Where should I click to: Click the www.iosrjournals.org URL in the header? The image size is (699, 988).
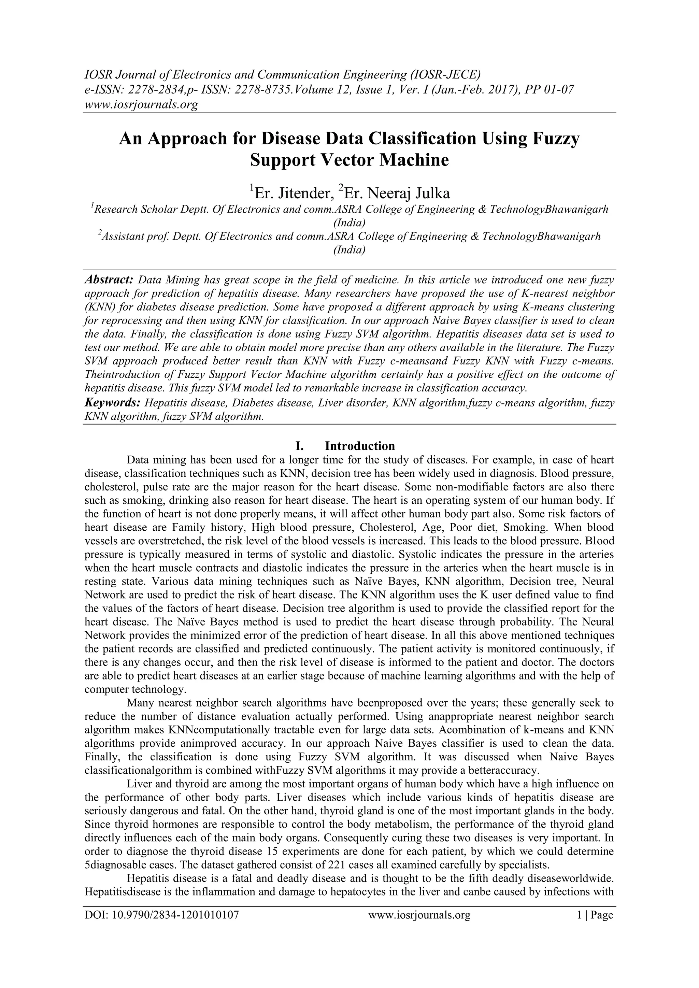pyautogui.click(x=141, y=104)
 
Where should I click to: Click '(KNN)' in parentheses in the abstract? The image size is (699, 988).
pyautogui.click(x=97, y=307)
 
